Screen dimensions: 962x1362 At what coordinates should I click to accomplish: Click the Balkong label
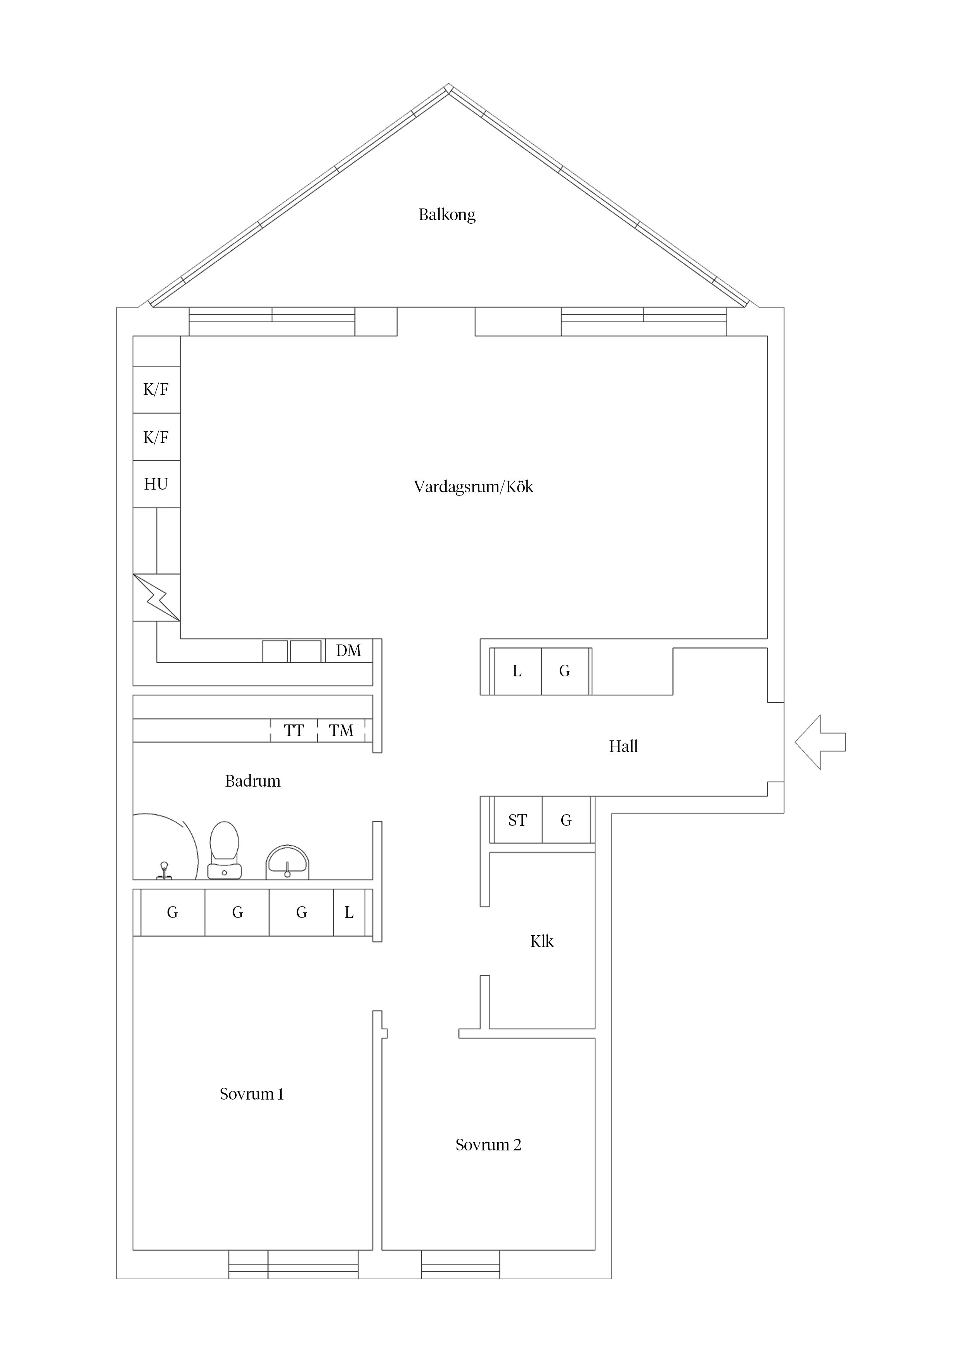point(447,214)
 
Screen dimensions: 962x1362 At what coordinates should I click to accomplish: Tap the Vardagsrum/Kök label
point(474,487)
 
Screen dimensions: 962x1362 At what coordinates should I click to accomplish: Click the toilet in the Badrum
point(225,850)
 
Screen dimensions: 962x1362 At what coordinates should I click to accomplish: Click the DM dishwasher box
point(348,651)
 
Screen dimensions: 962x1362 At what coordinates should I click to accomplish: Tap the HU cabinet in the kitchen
point(156,484)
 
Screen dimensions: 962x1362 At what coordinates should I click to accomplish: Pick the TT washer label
point(294,730)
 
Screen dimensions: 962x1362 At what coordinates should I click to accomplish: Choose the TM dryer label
point(341,730)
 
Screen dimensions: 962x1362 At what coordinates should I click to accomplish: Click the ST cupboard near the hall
point(517,820)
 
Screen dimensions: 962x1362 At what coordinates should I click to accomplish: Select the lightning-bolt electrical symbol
point(156,598)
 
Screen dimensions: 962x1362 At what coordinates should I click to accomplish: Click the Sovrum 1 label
point(252,1093)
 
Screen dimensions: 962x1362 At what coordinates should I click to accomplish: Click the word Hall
point(623,746)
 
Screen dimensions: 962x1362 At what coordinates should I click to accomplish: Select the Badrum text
point(253,781)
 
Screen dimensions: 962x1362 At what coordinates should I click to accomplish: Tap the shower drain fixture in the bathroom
point(164,870)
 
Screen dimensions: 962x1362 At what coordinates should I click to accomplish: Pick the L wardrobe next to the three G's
point(349,912)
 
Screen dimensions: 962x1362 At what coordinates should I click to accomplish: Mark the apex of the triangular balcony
point(449,83)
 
